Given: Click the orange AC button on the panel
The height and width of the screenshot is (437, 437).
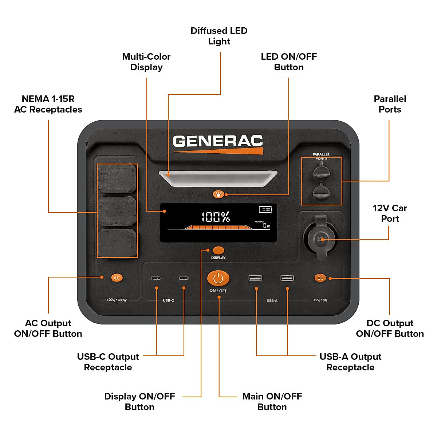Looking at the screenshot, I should click(x=117, y=278).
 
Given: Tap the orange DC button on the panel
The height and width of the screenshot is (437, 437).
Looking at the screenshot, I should click(x=320, y=278).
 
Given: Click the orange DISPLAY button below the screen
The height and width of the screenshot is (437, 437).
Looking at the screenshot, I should click(x=218, y=250).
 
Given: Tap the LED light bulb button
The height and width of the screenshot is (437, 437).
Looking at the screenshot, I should click(x=218, y=194).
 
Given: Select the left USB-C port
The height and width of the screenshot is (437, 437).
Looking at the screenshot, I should click(x=156, y=278).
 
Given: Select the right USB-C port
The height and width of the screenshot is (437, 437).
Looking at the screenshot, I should click(x=184, y=278).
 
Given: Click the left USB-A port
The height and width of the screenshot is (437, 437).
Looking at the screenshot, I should click(x=255, y=278).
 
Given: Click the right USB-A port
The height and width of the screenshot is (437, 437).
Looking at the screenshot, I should click(x=287, y=278).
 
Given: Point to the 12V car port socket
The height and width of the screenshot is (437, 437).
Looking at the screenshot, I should click(x=320, y=239).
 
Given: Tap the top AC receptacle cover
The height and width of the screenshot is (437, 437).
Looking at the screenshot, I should click(x=117, y=179).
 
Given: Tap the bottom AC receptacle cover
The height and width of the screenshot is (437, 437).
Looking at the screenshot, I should click(x=117, y=243).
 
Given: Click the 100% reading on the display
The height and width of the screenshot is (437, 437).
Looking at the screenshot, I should click(x=216, y=217).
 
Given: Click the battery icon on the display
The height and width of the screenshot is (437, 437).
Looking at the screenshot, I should click(x=265, y=209).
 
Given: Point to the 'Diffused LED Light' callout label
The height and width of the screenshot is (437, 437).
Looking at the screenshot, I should click(x=219, y=36).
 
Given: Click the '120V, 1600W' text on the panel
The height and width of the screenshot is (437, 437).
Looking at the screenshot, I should click(x=117, y=300).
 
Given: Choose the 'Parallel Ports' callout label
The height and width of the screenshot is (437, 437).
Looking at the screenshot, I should click(x=390, y=104).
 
